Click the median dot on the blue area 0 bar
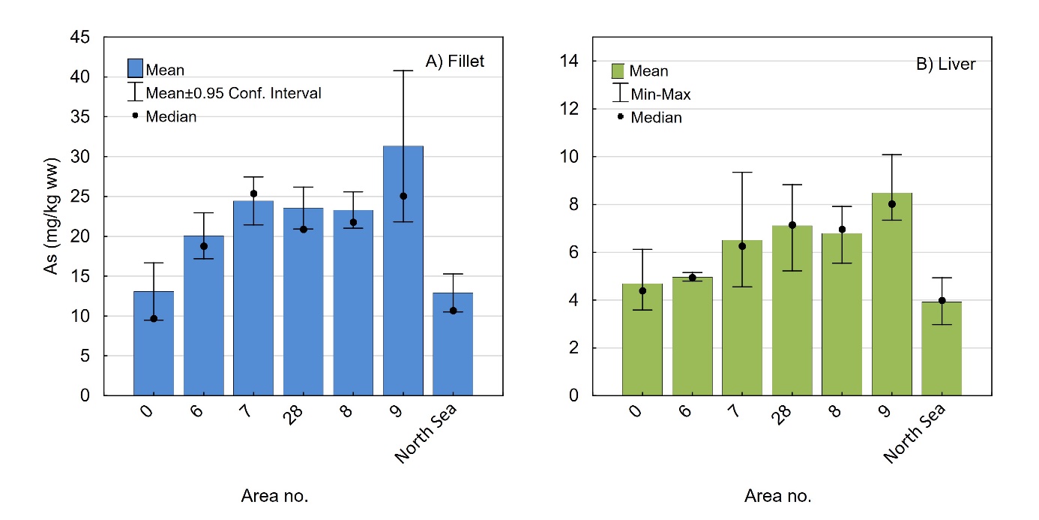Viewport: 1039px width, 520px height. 154,318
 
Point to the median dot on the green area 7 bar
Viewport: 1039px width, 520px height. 742,246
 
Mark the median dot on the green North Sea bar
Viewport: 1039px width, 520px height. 942,300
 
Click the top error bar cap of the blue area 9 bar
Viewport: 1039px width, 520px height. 403,71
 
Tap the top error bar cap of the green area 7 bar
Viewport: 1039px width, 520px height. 742,173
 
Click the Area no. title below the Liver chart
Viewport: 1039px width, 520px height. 777,496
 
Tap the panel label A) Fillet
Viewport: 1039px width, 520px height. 455,62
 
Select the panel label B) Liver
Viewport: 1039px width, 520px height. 946,64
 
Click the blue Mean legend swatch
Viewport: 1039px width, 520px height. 135,68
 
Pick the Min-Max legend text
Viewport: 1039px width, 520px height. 660,95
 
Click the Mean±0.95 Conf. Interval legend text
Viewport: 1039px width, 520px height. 233,93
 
